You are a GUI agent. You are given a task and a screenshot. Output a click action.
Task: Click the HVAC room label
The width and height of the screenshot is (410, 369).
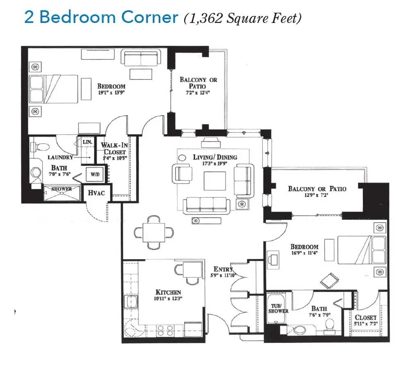[96, 193]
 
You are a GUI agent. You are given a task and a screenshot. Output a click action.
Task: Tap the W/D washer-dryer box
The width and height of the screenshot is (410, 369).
[95, 174]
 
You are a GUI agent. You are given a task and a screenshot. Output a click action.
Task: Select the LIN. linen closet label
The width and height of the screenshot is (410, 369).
[87, 142]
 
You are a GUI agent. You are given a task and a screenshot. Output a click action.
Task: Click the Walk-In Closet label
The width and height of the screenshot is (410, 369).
[114, 148]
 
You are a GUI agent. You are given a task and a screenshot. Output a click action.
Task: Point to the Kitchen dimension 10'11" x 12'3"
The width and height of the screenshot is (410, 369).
[168, 298]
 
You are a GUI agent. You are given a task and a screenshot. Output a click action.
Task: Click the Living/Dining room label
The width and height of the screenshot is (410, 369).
[215, 157]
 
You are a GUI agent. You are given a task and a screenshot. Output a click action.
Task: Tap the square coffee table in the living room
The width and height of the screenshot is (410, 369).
[215, 181]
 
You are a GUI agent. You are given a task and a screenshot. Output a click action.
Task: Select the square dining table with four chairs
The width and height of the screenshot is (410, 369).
[154, 232]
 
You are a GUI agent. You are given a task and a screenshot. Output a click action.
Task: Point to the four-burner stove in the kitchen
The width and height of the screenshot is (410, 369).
[165, 330]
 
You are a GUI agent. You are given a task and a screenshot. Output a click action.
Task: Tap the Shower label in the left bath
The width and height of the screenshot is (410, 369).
[61, 189]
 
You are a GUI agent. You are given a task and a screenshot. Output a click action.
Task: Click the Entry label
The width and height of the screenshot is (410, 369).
[223, 269]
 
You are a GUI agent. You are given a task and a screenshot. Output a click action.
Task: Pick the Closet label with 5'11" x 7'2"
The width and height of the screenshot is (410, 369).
[365, 320]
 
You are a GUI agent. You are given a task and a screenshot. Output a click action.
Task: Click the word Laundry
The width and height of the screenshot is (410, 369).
[60, 157]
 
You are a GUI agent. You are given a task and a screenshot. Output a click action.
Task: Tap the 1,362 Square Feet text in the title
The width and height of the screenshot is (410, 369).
[243, 18]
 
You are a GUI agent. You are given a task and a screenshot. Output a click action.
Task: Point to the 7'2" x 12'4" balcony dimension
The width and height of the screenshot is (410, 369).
[198, 93]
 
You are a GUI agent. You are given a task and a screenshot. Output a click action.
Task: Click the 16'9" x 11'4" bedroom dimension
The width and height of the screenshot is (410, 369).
[305, 253]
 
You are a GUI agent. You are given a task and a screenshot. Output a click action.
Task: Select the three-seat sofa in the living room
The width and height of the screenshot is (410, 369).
[207, 205]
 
